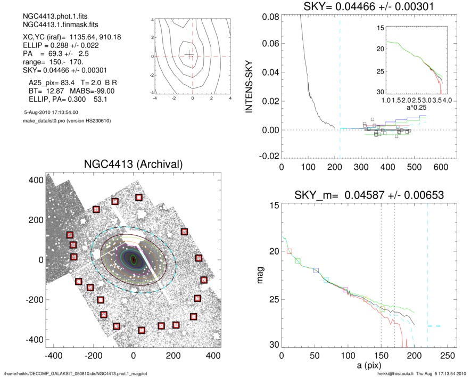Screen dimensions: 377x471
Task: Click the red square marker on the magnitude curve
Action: pos(289,251)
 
